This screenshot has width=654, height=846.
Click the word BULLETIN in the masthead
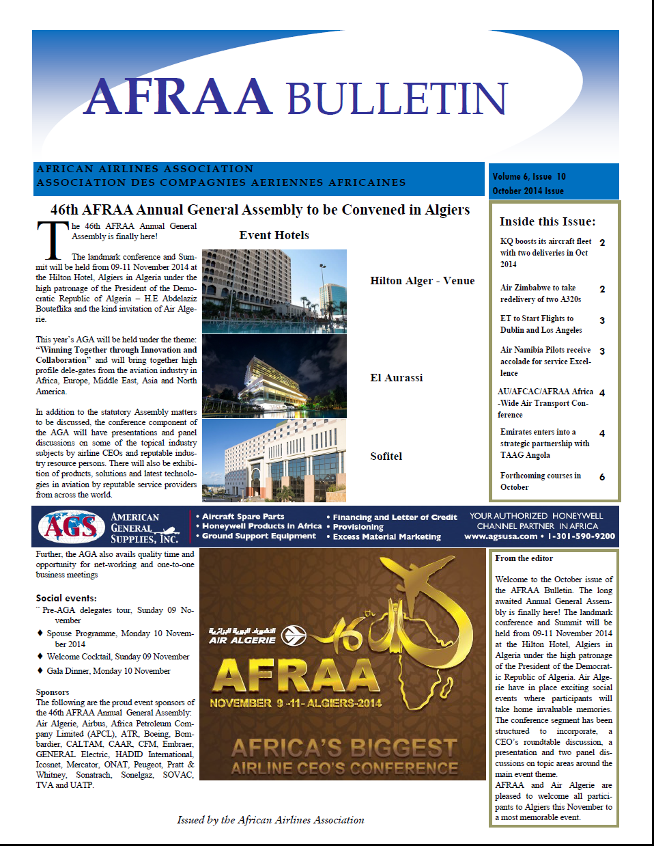(397, 99)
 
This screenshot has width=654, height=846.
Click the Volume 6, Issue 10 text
(529, 176)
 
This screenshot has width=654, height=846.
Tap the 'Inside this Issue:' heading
(547, 221)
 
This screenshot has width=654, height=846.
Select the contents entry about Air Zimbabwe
(540, 293)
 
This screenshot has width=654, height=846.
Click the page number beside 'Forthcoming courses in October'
(601, 477)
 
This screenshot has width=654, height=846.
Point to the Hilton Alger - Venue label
(422, 281)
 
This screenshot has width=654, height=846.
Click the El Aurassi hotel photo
(274, 376)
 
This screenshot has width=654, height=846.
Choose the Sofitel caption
(386, 456)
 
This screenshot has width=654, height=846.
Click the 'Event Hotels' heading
(274, 235)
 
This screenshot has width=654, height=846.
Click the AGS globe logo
(72, 527)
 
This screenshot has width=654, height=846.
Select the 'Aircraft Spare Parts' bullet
(243, 517)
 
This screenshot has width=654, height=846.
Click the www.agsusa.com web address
(500, 536)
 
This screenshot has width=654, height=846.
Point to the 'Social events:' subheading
(66, 598)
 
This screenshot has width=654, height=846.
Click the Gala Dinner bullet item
(108, 671)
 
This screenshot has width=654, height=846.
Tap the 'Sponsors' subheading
(53, 692)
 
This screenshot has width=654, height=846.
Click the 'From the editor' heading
(524, 558)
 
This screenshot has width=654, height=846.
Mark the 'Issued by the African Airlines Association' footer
(270, 820)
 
